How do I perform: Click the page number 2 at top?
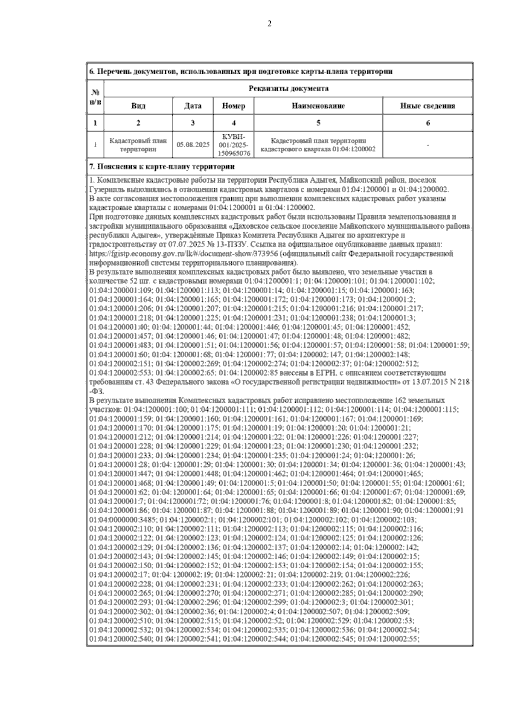[269, 24]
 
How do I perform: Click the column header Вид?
[138, 106]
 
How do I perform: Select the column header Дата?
[193, 106]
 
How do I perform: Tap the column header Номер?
[233, 106]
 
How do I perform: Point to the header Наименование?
[318, 106]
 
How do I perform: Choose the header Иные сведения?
[428, 106]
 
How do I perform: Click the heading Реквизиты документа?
[288, 89]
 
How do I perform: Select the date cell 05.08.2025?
[193, 145]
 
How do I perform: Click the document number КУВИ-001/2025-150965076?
[233, 145]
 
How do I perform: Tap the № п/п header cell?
[96, 97]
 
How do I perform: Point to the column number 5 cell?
[318, 123]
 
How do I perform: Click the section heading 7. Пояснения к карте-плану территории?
[162, 166]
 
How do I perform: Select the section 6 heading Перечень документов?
[241, 72]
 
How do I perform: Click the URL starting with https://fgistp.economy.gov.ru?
[184, 254]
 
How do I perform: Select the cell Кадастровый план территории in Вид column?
[138, 145]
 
